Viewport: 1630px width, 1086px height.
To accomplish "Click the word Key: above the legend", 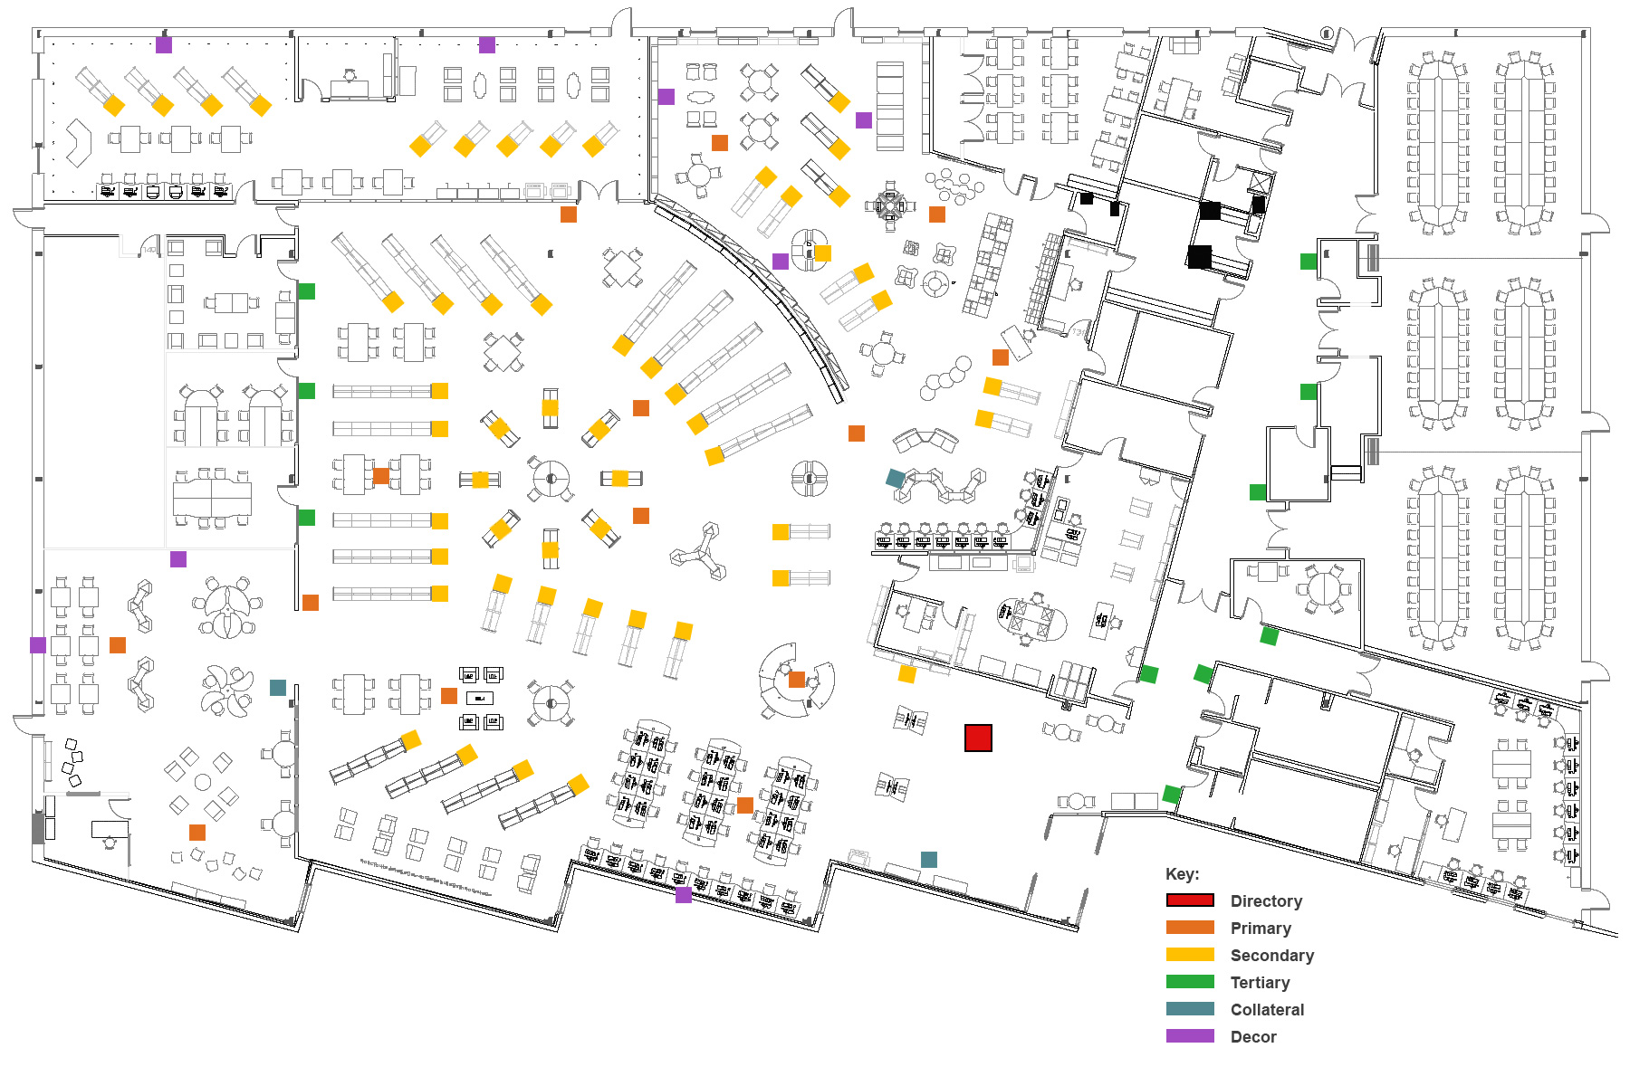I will (1182, 874).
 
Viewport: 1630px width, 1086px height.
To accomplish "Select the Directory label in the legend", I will (1266, 901).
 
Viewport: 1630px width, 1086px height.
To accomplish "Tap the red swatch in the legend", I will (1190, 900).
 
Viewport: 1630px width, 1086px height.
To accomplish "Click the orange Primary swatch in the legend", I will (1190, 928).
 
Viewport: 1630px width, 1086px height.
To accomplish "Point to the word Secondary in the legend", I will (1271, 956).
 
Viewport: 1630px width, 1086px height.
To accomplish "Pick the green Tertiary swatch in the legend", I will (1190, 982).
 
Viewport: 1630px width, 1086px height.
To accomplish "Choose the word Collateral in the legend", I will (1267, 1010).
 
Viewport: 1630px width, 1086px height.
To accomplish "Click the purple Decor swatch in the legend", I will (1190, 1036).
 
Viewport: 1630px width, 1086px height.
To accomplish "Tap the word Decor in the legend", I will (1253, 1037).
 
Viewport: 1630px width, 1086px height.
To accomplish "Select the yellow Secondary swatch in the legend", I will (1190, 955).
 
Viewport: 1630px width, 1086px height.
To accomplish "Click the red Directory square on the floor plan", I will (978, 738).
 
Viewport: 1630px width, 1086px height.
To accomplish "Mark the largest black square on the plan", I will (1199, 257).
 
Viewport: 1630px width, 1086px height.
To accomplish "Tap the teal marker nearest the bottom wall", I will (929, 860).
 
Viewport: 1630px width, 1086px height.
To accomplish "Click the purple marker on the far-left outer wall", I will (38, 645).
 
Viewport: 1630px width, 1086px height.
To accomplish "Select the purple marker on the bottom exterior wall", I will (684, 895).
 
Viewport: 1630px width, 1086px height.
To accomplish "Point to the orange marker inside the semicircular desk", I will (797, 680).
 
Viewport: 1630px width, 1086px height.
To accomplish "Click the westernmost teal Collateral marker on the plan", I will (278, 688).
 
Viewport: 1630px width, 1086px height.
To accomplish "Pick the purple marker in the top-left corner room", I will (164, 44).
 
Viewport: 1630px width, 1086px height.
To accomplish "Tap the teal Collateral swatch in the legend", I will (1190, 1009).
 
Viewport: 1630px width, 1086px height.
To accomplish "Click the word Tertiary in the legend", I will (1260, 983).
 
